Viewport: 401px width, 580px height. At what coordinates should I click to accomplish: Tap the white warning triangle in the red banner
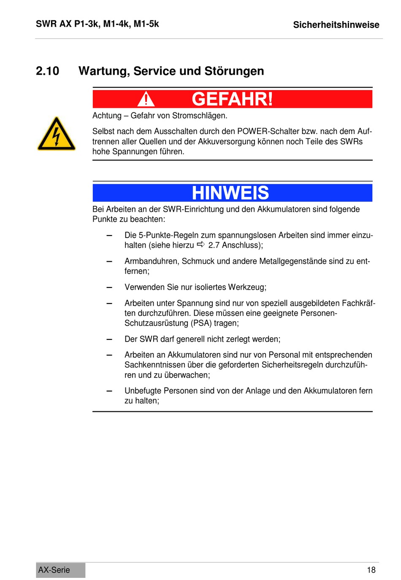coord(146,99)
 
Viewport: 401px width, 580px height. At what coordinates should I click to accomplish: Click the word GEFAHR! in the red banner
coord(232,99)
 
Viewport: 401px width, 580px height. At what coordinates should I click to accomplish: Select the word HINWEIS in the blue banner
coord(230,193)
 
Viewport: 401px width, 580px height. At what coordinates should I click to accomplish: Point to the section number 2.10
coord(47,71)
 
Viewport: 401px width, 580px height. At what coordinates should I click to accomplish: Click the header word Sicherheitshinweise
coord(336,25)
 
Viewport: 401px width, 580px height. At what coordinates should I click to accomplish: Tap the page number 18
coord(371,570)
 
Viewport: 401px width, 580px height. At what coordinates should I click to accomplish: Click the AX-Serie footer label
coord(54,570)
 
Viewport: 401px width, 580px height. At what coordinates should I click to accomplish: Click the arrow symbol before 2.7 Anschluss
coord(201,244)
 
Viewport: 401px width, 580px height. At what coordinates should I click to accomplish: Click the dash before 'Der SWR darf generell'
coord(109,339)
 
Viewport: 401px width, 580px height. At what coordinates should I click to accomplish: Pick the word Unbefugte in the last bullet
coord(143,391)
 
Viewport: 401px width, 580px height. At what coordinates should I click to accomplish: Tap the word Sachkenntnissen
coord(157,365)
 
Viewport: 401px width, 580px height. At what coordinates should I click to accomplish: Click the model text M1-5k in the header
coord(146,24)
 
